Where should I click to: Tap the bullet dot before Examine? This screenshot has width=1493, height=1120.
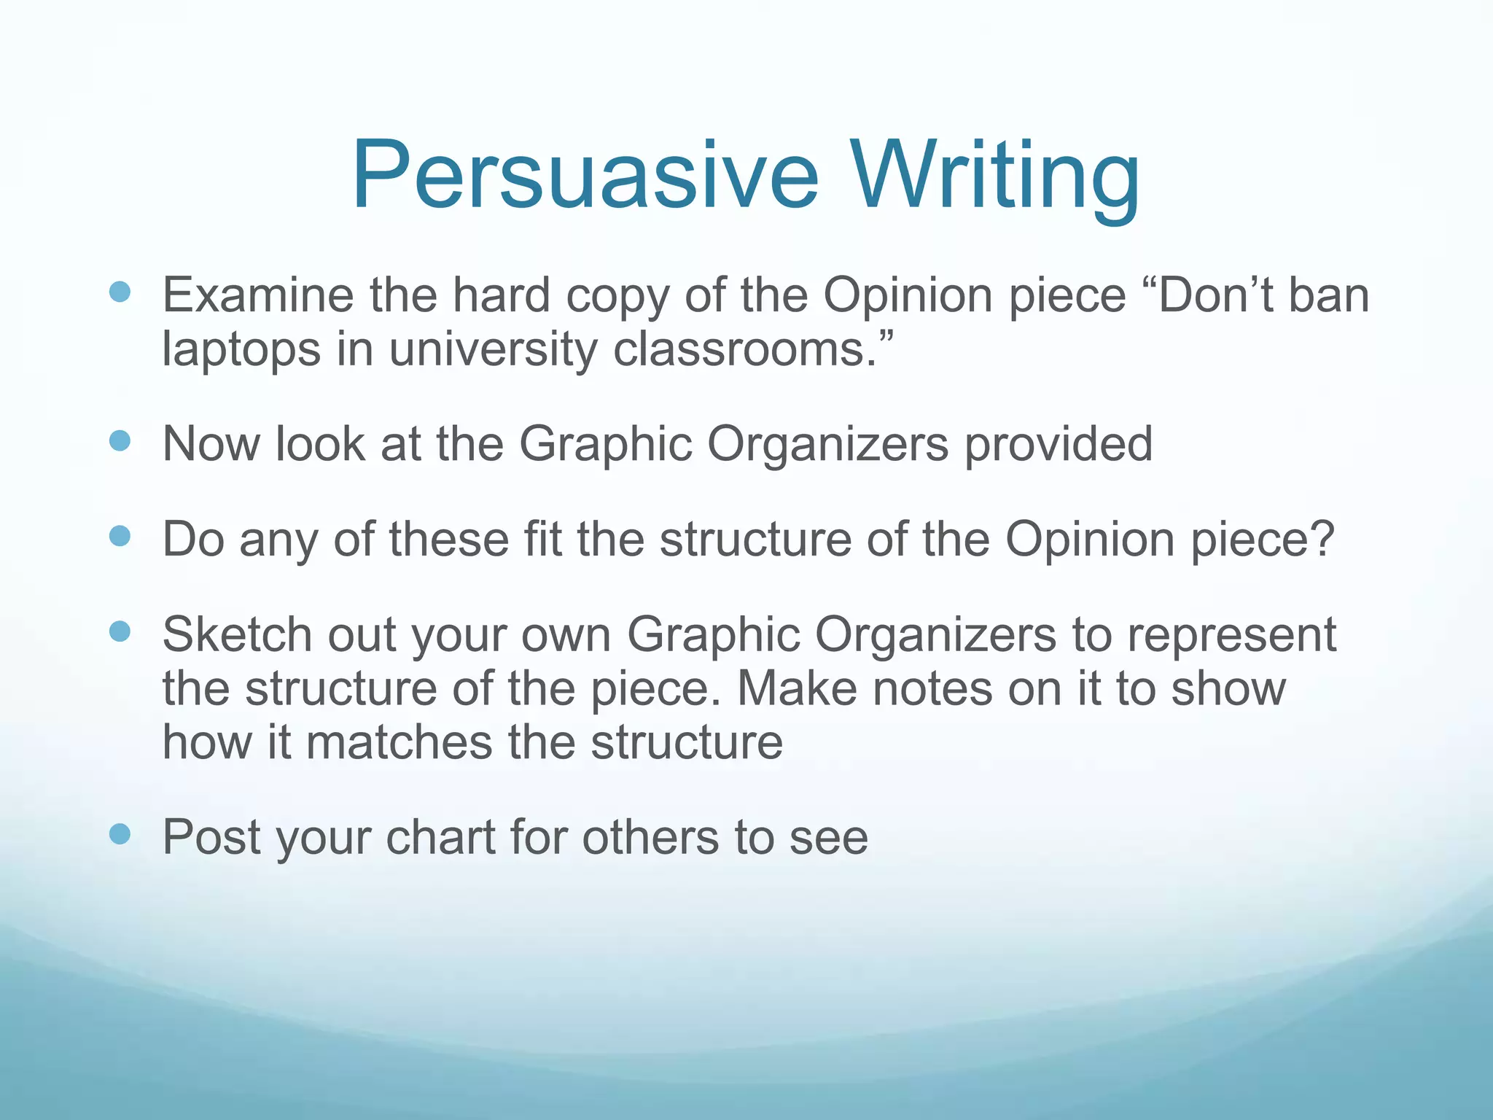coord(120,292)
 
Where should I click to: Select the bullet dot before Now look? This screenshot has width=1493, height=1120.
coord(120,441)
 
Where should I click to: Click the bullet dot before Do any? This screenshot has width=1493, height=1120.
coord(120,537)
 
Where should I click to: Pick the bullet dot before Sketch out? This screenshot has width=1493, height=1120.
coord(120,631)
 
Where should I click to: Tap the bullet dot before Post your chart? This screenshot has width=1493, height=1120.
coord(120,833)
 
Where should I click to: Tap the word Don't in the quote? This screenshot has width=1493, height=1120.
coord(1215,295)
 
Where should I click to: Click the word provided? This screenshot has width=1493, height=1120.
coord(1059,444)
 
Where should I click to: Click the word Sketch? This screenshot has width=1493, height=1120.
coord(237,634)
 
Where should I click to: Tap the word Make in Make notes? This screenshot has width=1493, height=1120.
coord(796,688)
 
